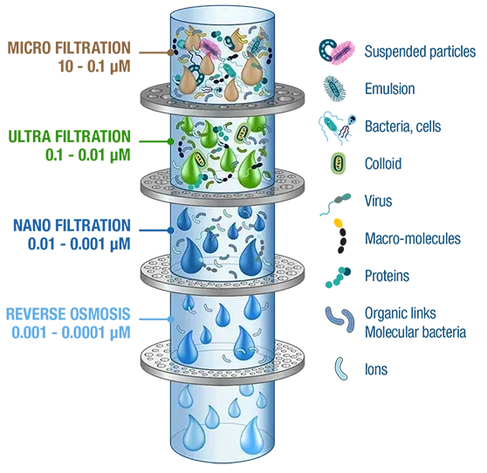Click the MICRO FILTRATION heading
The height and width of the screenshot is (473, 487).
click(69, 48)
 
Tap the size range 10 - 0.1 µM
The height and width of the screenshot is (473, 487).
click(94, 66)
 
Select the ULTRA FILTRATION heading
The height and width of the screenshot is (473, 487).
click(69, 137)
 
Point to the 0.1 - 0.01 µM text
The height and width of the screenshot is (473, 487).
click(88, 155)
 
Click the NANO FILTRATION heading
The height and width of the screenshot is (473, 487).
click(72, 225)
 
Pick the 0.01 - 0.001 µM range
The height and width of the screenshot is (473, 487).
click(79, 243)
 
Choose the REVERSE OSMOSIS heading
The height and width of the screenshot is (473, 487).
click(68, 314)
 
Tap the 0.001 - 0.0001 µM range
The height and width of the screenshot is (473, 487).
click(71, 332)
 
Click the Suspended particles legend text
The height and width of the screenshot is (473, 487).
click(420, 51)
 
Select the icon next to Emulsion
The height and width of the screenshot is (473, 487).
click(334, 88)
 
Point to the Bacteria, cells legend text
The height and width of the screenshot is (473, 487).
click(403, 127)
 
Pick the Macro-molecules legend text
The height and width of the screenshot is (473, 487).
click(413, 238)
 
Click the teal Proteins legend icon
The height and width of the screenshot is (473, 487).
click(338, 277)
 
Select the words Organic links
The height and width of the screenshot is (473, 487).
click(401, 313)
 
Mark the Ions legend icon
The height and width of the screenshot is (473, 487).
click(340, 368)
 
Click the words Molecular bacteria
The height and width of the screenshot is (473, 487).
click(415, 332)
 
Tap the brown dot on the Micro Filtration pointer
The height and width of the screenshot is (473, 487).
click(170, 52)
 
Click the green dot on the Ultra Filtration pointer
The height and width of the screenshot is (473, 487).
click(170, 141)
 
